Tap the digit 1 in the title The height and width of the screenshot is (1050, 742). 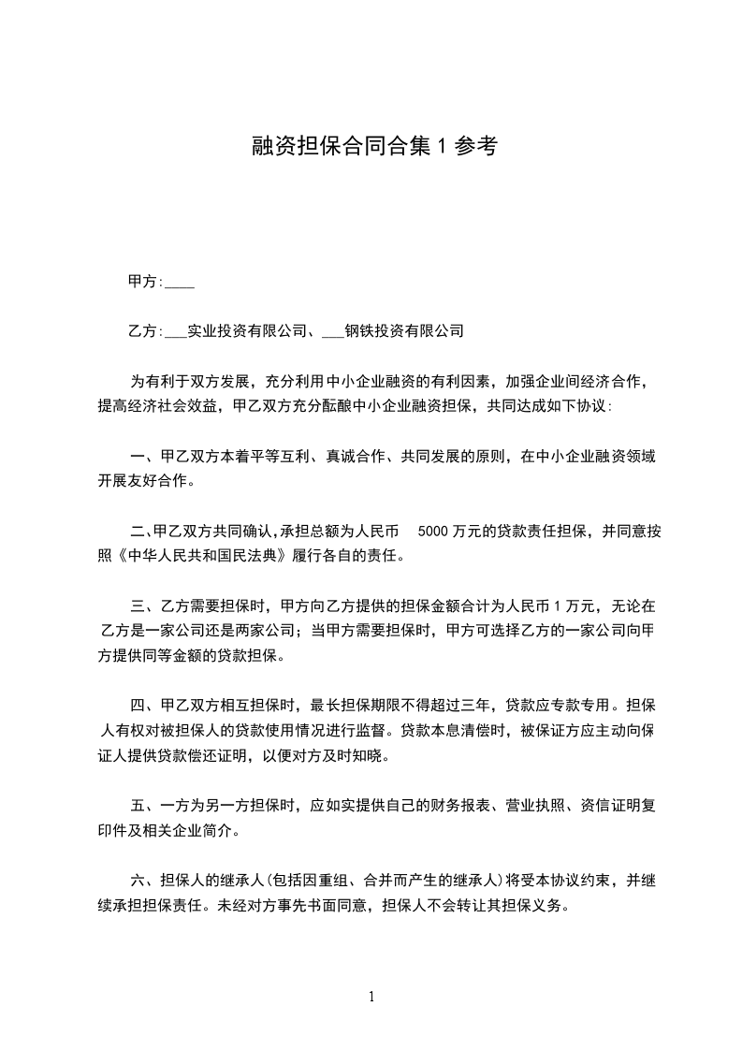[444, 145]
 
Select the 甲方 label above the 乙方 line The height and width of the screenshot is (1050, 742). [143, 281]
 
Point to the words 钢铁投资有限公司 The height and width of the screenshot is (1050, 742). [404, 331]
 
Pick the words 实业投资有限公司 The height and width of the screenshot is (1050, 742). [247, 331]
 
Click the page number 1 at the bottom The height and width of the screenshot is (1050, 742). [371, 997]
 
